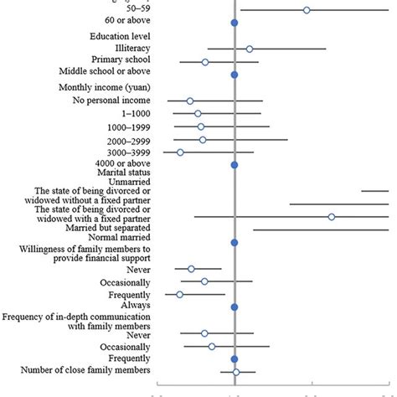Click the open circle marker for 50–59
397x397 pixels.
coord(307,10)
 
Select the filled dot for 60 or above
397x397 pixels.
coord(235,23)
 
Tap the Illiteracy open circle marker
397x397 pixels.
coord(250,49)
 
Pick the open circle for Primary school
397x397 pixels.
coord(205,62)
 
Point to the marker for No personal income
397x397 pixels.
coord(190,101)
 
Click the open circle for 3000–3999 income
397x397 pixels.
coord(180,152)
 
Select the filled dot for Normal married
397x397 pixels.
coord(235,243)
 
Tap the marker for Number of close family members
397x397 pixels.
coord(236,372)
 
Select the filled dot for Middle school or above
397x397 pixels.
coord(235,75)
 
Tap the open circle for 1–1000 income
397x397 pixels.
coord(198,113)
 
